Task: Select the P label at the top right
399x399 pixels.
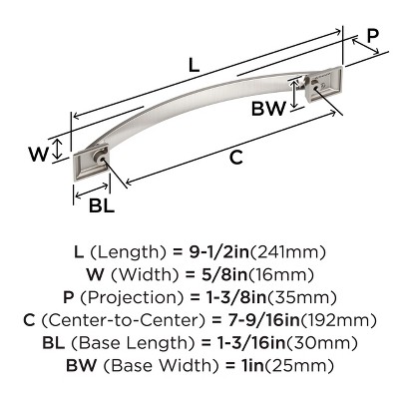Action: pos(371,37)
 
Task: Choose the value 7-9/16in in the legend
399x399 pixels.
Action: pos(273,321)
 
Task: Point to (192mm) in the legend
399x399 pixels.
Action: pos(343,321)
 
